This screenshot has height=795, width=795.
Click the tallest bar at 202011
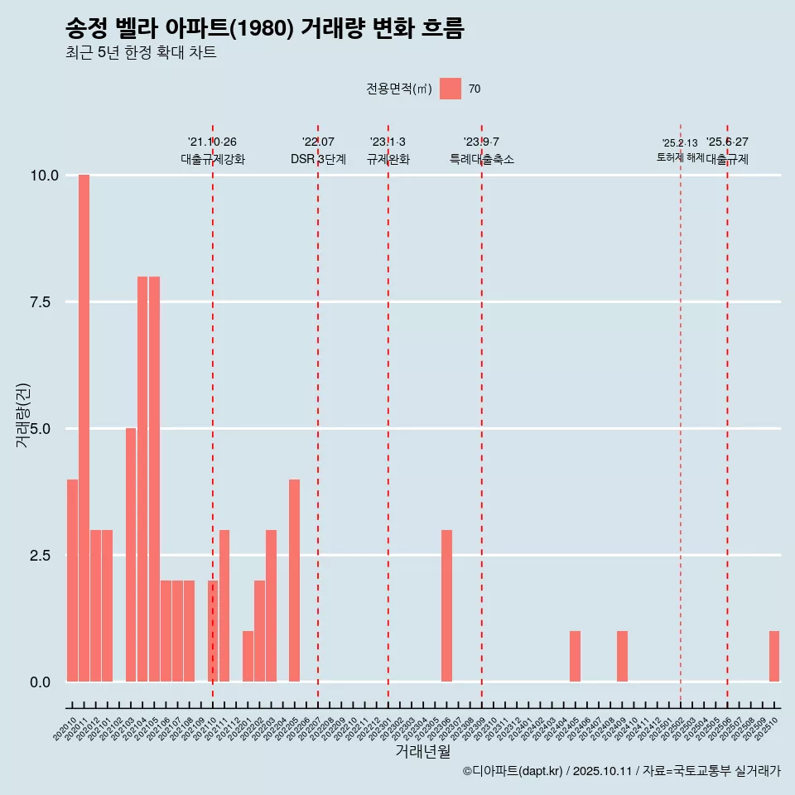click(x=84, y=428)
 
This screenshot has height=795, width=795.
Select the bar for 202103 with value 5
click(x=131, y=555)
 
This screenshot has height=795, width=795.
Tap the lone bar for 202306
click(x=446, y=605)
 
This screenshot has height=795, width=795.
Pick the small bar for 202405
click(x=575, y=657)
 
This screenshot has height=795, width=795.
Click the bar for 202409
click(x=622, y=657)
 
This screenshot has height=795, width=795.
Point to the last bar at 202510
click(x=774, y=657)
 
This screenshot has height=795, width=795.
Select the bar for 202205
click(x=294, y=581)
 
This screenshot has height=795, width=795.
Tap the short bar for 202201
click(x=248, y=657)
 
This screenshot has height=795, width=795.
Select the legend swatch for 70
click(x=450, y=89)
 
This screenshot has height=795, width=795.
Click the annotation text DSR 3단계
click(x=318, y=159)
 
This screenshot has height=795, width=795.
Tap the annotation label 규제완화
click(x=388, y=159)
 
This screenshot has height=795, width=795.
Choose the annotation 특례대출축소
click(x=481, y=159)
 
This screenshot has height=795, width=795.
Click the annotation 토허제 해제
click(x=680, y=157)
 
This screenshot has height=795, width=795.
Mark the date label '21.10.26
click(x=212, y=142)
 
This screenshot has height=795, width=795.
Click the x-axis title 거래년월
click(x=422, y=751)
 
